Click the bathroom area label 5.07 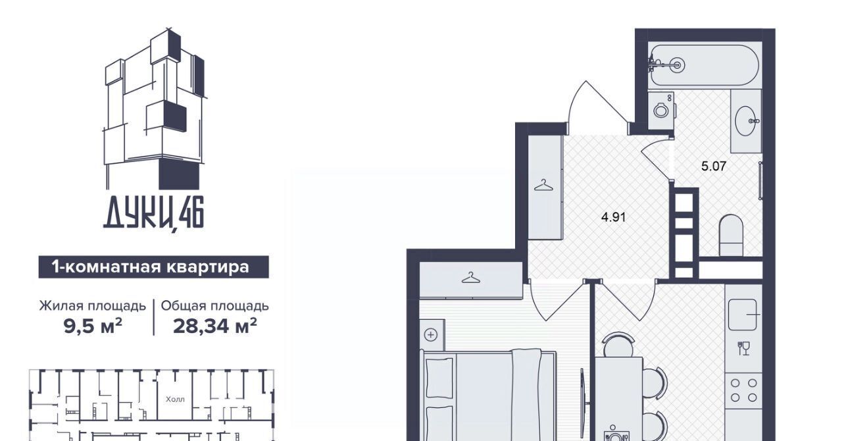714,166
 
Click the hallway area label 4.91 614,217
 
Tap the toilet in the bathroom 731,235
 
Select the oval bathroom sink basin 746,121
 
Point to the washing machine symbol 661,111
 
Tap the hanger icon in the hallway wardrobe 544,185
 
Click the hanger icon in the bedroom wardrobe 471,278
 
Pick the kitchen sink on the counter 743,315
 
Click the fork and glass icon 743,348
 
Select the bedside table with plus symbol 432,334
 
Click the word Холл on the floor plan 175,400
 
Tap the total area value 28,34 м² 215,326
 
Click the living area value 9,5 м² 93,326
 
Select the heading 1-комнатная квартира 151,267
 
